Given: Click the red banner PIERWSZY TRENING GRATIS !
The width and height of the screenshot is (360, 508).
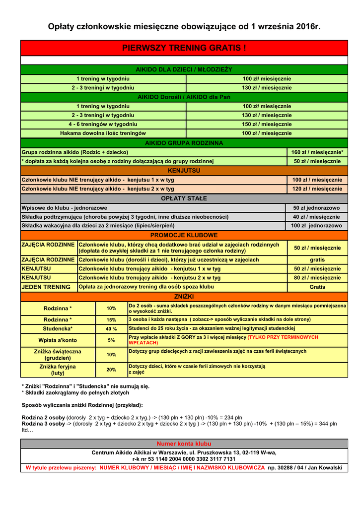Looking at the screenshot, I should tap(184, 48).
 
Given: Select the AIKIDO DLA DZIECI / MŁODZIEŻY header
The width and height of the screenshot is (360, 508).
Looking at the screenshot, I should tap(184, 69).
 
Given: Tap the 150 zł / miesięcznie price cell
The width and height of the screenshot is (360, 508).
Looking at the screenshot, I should tap(267, 124).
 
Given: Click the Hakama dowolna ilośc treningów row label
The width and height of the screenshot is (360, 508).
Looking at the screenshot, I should tap(103, 133).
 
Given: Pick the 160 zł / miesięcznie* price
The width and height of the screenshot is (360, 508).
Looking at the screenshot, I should tap(317, 152).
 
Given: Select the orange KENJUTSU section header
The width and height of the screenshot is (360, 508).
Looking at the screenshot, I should tap(184, 171).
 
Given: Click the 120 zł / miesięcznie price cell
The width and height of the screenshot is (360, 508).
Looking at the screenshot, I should tap(317, 189).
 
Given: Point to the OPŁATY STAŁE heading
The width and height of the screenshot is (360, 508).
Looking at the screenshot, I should tap(184, 198).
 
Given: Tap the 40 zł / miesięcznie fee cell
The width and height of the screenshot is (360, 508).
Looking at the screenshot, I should tap(316, 217).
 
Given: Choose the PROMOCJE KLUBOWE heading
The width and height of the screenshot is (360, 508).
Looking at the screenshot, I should tap(184, 235).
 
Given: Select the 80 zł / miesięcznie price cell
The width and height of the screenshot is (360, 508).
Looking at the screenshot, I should tap(317, 278).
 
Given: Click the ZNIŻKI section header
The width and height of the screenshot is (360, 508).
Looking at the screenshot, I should tap(184, 296).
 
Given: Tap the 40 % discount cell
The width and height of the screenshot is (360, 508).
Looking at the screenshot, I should tap(111, 328).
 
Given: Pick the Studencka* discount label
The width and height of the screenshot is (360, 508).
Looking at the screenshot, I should tap(58, 328).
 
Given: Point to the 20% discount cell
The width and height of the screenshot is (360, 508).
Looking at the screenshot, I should tap(111, 370).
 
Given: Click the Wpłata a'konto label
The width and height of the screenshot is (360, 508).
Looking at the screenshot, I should tap(58, 340).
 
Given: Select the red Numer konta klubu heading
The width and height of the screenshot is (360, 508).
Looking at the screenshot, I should tap(184, 444).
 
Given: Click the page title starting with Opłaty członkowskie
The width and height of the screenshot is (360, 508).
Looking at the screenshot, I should tap(184, 26).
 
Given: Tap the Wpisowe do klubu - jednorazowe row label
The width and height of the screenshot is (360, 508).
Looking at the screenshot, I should tap(64, 208).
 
